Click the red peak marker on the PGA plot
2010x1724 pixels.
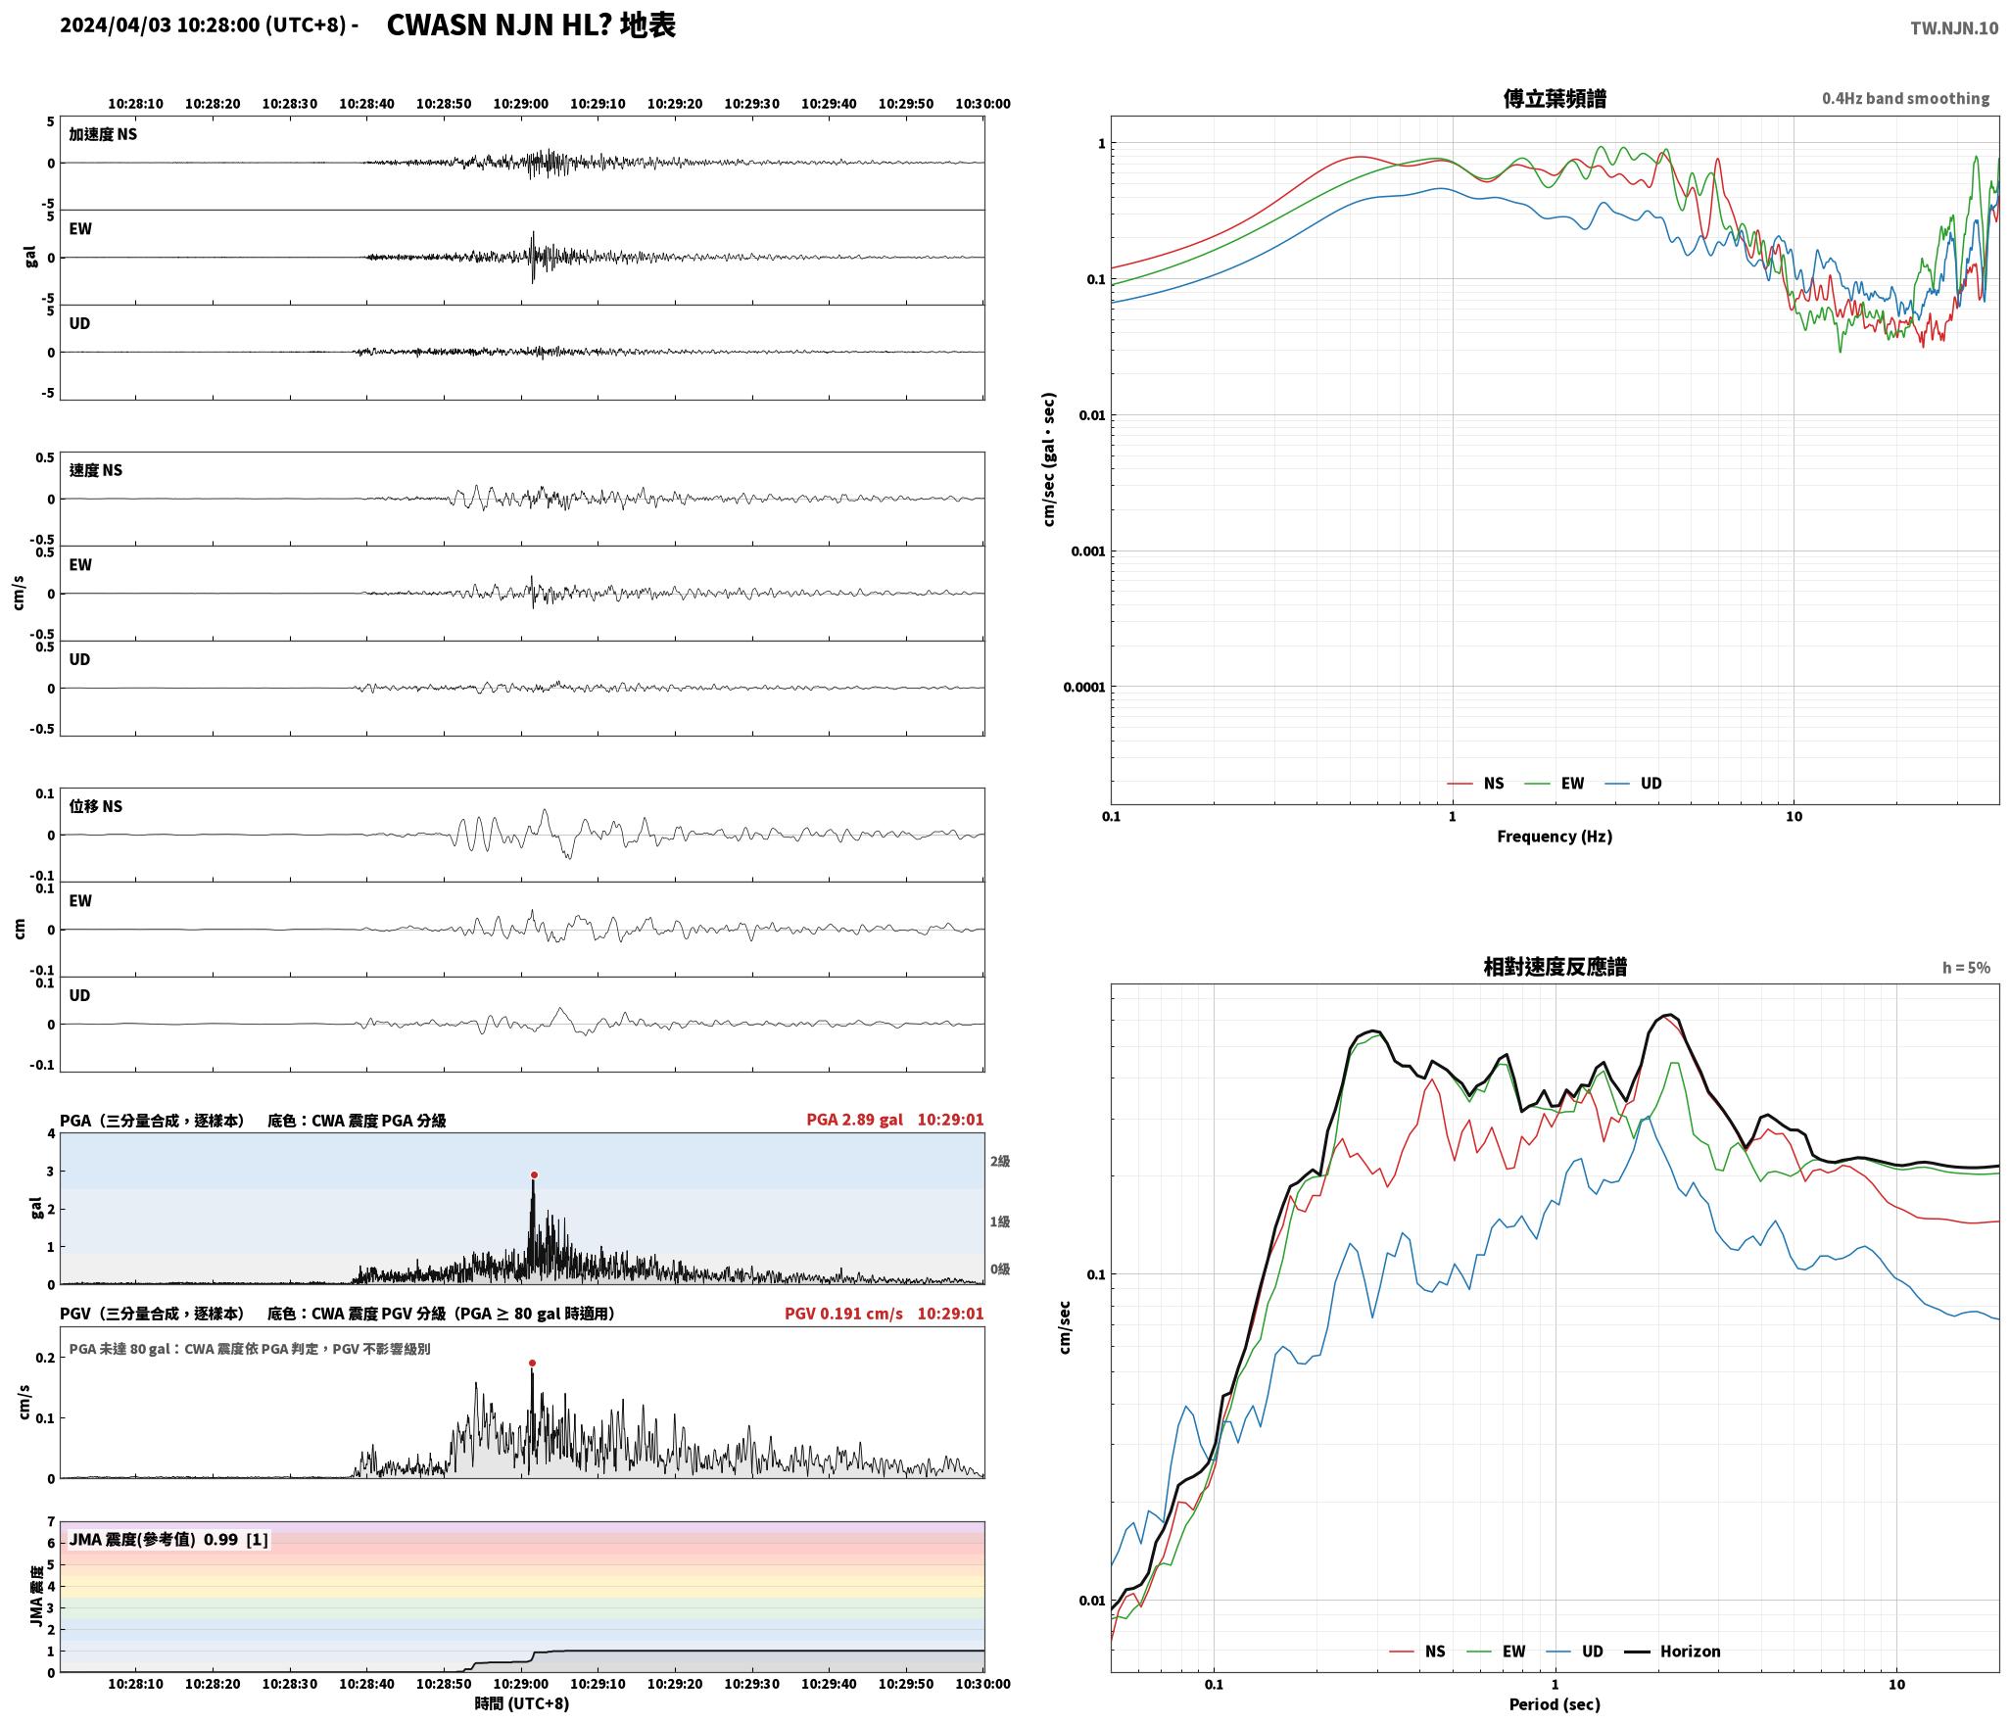pos(534,1174)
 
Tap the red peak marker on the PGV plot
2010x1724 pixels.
pos(532,1363)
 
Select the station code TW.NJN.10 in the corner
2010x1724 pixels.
pos(1954,28)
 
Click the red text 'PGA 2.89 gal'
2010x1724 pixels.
pos(855,1120)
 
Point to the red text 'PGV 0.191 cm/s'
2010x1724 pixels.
pos(843,1314)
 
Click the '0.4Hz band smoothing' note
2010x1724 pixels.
pos(1905,99)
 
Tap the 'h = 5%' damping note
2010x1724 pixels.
pos(1966,968)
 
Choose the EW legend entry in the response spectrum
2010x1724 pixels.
pos(1496,1652)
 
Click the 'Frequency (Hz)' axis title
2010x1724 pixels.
pos(1555,837)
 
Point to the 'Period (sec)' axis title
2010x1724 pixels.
pos(1555,1705)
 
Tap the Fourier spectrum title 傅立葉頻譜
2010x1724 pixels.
pos(1555,98)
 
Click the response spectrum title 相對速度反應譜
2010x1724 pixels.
pos(1555,967)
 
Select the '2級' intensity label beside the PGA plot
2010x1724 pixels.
pos(999,1162)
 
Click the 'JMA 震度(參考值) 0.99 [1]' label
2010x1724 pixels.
pos(168,1540)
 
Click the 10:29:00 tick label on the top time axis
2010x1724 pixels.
pos(521,104)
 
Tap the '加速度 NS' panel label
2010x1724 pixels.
pos(103,135)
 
